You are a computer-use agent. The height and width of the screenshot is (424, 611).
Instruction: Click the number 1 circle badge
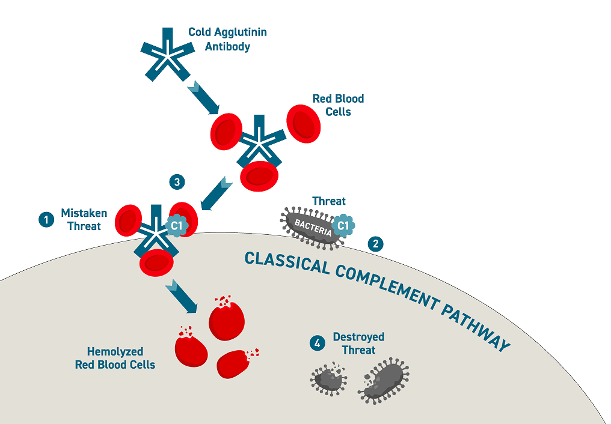(46, 220)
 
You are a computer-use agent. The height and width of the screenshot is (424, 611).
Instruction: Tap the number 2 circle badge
(376, 244)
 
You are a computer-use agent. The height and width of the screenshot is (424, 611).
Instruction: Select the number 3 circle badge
(176, 181)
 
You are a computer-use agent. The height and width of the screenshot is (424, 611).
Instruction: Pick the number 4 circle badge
(316, 344)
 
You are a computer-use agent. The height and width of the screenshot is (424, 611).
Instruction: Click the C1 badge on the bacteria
(343, 225)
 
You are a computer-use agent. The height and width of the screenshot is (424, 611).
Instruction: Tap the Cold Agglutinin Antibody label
(227, 40)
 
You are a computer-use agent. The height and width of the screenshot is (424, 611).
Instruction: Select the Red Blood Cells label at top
(338, 104)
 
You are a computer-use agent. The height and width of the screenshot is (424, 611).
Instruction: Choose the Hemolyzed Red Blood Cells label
(115, 358)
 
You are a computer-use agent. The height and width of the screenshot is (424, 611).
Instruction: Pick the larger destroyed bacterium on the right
(383, 378)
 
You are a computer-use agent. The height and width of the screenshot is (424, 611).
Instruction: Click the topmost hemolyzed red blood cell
(226, 319)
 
